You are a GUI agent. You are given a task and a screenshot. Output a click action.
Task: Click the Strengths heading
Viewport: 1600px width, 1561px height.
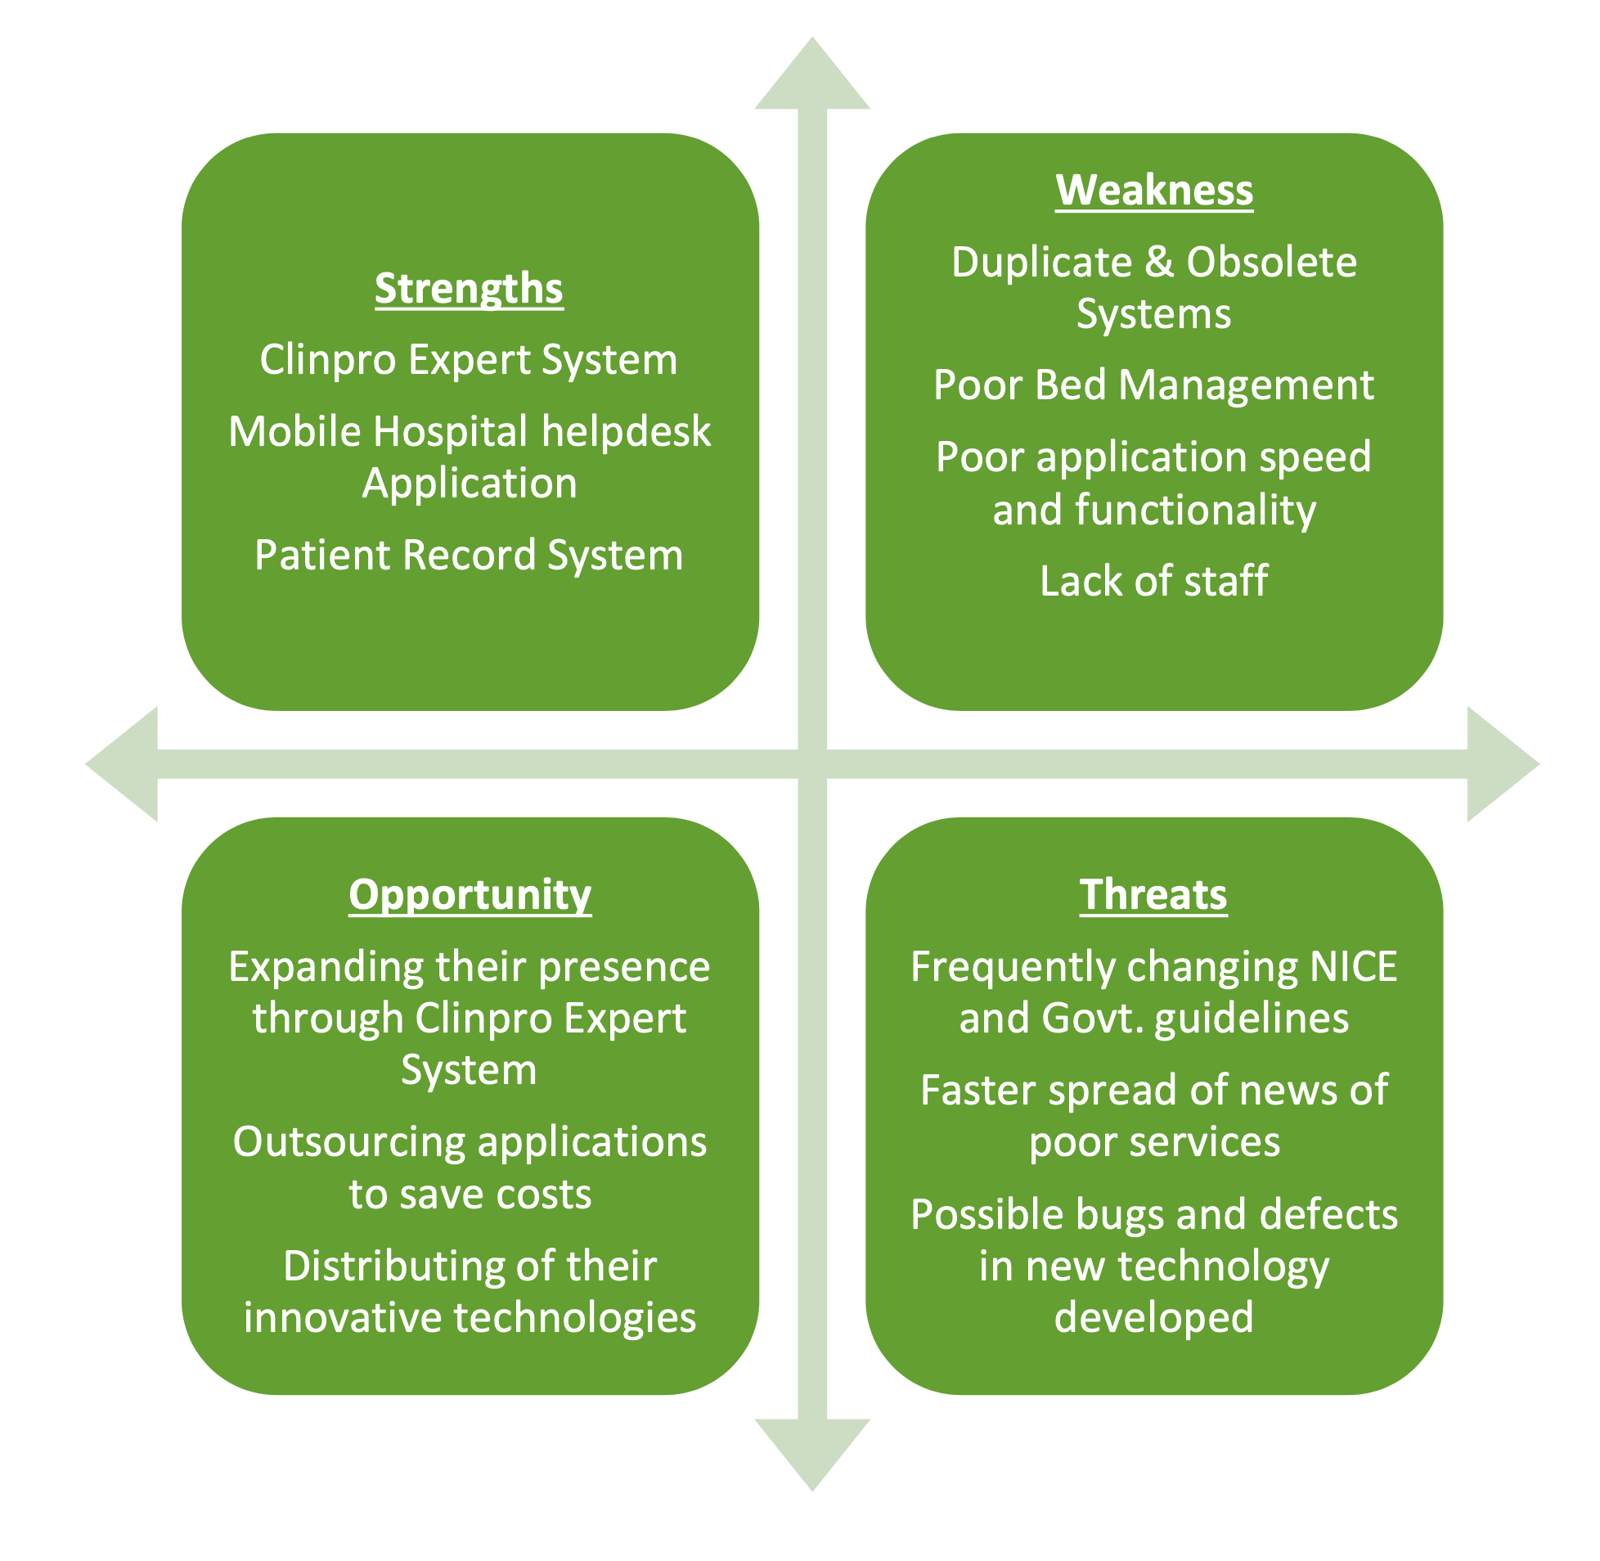(469, 289)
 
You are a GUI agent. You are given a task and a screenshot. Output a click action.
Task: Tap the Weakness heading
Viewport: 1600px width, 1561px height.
(1153, 190)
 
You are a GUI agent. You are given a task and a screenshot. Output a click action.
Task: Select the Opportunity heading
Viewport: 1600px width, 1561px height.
(470, 894)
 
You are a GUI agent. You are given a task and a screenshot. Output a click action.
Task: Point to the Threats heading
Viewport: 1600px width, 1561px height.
(1153, 894)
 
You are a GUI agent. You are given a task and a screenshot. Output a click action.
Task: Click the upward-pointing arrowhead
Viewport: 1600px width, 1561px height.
(811, 78)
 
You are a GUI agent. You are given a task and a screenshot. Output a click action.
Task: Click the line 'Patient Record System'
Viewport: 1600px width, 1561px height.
(469, 555)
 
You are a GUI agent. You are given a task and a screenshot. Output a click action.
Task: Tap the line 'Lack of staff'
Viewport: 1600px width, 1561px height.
(1153, 581)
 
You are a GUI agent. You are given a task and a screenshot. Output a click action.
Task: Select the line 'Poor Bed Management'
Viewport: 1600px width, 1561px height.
(1153, 385)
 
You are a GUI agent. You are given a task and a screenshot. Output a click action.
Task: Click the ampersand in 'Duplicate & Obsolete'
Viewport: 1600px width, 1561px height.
(1158, 263)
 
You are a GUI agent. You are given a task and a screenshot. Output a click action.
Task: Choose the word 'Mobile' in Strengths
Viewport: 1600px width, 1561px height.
(294, 432)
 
